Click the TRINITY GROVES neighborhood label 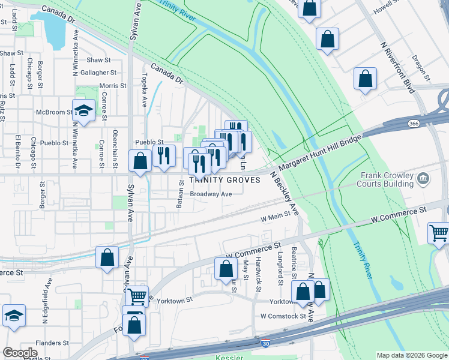225,180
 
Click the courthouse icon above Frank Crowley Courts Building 423,178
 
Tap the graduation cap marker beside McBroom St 83,110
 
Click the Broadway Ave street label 211,194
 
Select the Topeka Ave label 145,90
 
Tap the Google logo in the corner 20,353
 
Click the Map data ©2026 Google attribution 411,355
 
